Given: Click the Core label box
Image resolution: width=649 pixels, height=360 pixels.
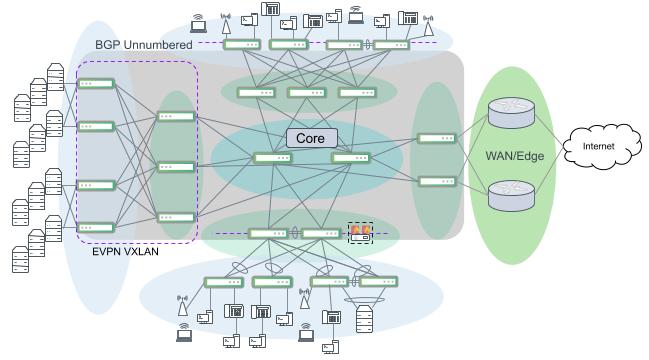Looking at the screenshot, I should [310, 138].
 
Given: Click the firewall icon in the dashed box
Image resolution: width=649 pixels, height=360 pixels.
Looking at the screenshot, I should [359, 233].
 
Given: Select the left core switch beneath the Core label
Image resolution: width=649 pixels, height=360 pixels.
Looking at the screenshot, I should [272, 158].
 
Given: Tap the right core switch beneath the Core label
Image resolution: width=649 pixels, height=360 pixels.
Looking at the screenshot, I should [350, 158].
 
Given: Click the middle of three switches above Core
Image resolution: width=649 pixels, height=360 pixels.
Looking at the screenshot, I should [307, 93].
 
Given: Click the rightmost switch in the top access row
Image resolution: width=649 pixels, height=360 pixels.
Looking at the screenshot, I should [391, 45].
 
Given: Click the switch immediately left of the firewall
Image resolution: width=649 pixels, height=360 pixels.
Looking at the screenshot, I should [320, 234].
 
